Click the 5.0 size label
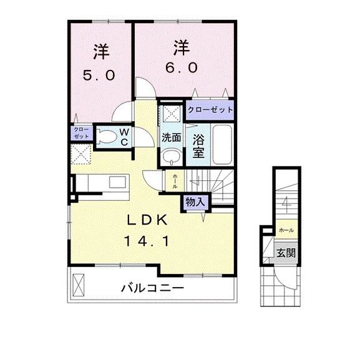(99, 75)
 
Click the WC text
(124, 136)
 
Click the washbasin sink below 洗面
(170, 155)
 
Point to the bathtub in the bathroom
(221, 142)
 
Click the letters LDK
(147, 220)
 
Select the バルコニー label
(152, 288)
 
